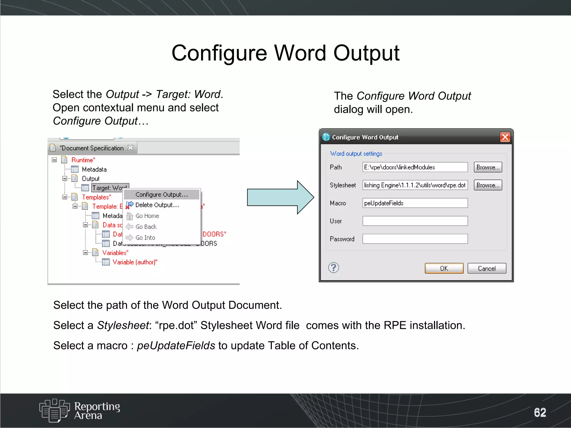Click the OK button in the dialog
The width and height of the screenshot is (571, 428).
pos(444,268)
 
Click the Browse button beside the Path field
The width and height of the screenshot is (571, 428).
pos(488,167)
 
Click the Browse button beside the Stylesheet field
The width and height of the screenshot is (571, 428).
pos(488,185)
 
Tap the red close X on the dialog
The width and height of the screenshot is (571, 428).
pos(505,137)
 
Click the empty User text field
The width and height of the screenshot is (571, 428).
pos(415,221)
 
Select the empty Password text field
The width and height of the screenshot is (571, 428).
pos(415,239)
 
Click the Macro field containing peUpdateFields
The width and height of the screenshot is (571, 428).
pos(415,203)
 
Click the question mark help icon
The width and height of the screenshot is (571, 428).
pos(333,268)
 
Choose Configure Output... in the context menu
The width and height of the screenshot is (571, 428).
pos(161,194)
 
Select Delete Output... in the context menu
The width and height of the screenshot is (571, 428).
pos(157,205)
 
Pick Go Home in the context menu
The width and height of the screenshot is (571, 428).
pos(147,216)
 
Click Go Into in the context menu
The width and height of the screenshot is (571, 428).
pos(145,238)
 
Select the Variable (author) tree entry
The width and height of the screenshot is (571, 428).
pos(135,262)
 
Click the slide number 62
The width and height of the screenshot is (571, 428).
pos(540,412)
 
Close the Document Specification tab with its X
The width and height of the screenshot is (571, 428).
pos(130,148)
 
